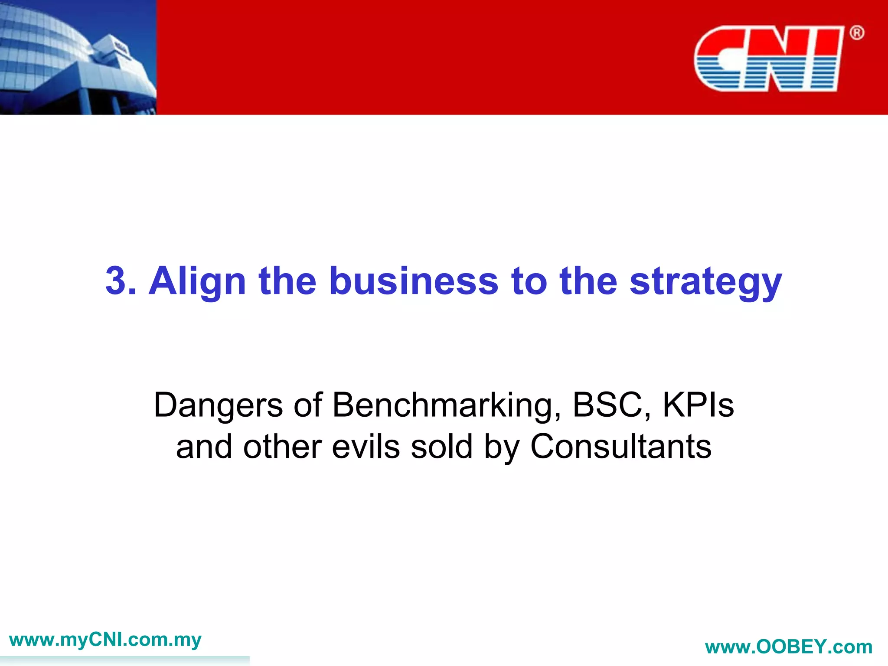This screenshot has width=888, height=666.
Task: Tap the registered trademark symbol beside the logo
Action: pos(856,33)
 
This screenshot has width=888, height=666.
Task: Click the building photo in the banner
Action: pos(78,57)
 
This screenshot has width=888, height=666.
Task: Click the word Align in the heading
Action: pos(197,281)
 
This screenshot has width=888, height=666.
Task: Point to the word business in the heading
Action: pos(414,281)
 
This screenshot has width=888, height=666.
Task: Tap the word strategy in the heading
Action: pos(705,281)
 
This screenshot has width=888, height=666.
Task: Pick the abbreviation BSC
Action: pos(607,405)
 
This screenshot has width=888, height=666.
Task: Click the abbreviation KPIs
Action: pos(698,405)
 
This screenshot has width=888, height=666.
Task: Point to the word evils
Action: pos(366,447)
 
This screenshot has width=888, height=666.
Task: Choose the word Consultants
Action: pos(621,447)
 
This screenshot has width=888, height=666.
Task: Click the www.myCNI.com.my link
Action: pos(105,640)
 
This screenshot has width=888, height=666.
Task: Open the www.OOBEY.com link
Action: pos(789,647)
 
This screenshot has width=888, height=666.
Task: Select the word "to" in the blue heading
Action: pos(529,281)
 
